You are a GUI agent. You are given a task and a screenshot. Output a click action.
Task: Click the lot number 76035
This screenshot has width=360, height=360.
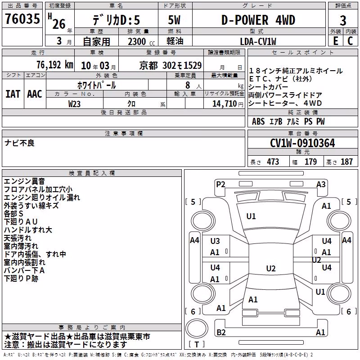(22, 18)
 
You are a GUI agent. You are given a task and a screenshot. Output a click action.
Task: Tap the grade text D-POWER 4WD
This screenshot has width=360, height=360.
(258, 20)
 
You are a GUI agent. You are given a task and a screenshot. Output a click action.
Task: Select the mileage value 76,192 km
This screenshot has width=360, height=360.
(55, 65)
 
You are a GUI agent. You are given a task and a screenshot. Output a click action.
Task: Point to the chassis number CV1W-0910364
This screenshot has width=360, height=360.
(302, 143)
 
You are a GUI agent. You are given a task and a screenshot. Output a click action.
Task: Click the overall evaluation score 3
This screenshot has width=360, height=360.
(343, 21)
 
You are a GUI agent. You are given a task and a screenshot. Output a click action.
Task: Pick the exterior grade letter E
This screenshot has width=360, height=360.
(336, 41)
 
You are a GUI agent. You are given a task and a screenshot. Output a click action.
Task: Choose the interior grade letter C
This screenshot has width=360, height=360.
(350, 41)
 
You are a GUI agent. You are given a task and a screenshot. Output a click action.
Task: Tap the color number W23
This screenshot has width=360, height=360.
(74, 104)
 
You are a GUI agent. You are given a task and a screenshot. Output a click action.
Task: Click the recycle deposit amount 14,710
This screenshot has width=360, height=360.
(224, 104)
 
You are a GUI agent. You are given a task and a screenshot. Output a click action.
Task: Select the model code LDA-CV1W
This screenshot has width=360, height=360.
(258, 41)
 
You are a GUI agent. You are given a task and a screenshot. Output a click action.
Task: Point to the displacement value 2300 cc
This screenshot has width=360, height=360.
(141, 42)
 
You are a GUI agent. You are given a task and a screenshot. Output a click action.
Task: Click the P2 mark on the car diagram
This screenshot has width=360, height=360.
(220, 184)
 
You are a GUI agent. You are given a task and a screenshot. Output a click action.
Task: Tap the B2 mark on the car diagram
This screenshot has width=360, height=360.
(221, 332)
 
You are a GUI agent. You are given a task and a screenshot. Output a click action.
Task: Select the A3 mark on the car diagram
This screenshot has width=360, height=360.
(321, 184)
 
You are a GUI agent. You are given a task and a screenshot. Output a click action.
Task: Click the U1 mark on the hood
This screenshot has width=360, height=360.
(251, 216)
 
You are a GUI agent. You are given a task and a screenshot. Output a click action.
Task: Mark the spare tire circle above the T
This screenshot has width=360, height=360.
(197, 328)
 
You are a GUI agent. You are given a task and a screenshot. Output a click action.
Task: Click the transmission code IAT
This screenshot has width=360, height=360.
(13, 94)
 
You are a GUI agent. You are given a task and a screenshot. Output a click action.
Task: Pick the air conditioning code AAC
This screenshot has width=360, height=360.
(35, 94)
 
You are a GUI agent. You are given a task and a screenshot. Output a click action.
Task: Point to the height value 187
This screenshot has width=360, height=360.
(346, 162)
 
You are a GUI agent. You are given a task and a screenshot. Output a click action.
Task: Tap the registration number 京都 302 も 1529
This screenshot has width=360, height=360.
(171, 66)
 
